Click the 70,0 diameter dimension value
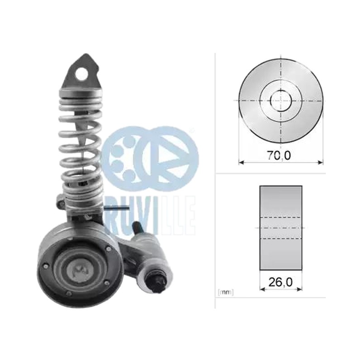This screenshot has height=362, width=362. [x=279, y=156]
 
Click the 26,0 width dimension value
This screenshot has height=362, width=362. [x=281, y=281]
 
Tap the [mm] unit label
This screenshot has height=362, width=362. [x=225, y=292]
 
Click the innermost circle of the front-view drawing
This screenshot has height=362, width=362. [x=281, y=100]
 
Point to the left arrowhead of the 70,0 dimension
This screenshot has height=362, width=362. [x=241, y=162]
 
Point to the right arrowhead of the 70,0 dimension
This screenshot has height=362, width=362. [x=320, y=162]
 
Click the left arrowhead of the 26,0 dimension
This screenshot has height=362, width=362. [x=262, y=289]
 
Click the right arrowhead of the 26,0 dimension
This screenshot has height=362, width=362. [x=300, y=289]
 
